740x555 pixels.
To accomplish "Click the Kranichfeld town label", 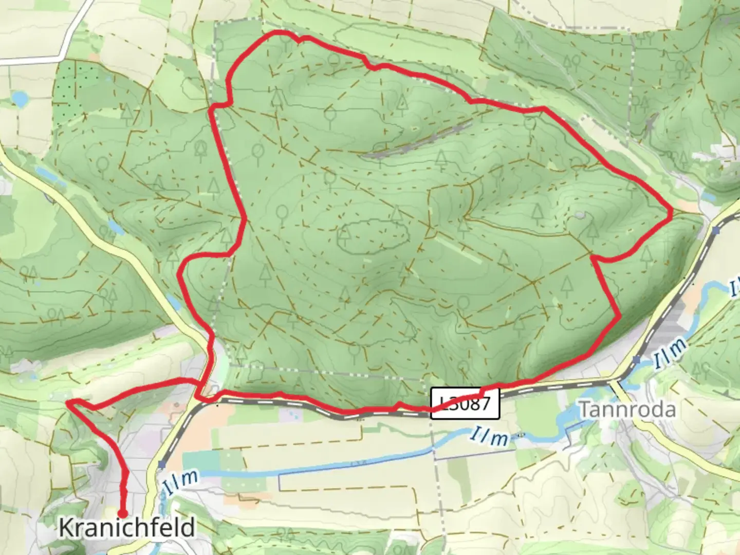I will pos(126,528).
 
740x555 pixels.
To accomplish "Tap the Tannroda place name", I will pos(627,410).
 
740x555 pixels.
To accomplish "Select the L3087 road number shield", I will pos(465,403).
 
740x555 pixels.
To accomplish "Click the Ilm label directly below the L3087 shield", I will pos(489,437).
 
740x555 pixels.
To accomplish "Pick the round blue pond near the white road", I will pos(20,99).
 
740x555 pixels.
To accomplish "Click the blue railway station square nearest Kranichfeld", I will pos(162,465).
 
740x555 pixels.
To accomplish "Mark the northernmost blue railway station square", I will pos(717,230).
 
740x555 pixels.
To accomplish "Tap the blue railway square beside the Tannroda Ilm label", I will pos(637,360).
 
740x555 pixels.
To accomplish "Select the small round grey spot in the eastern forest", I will pos(580,215).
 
